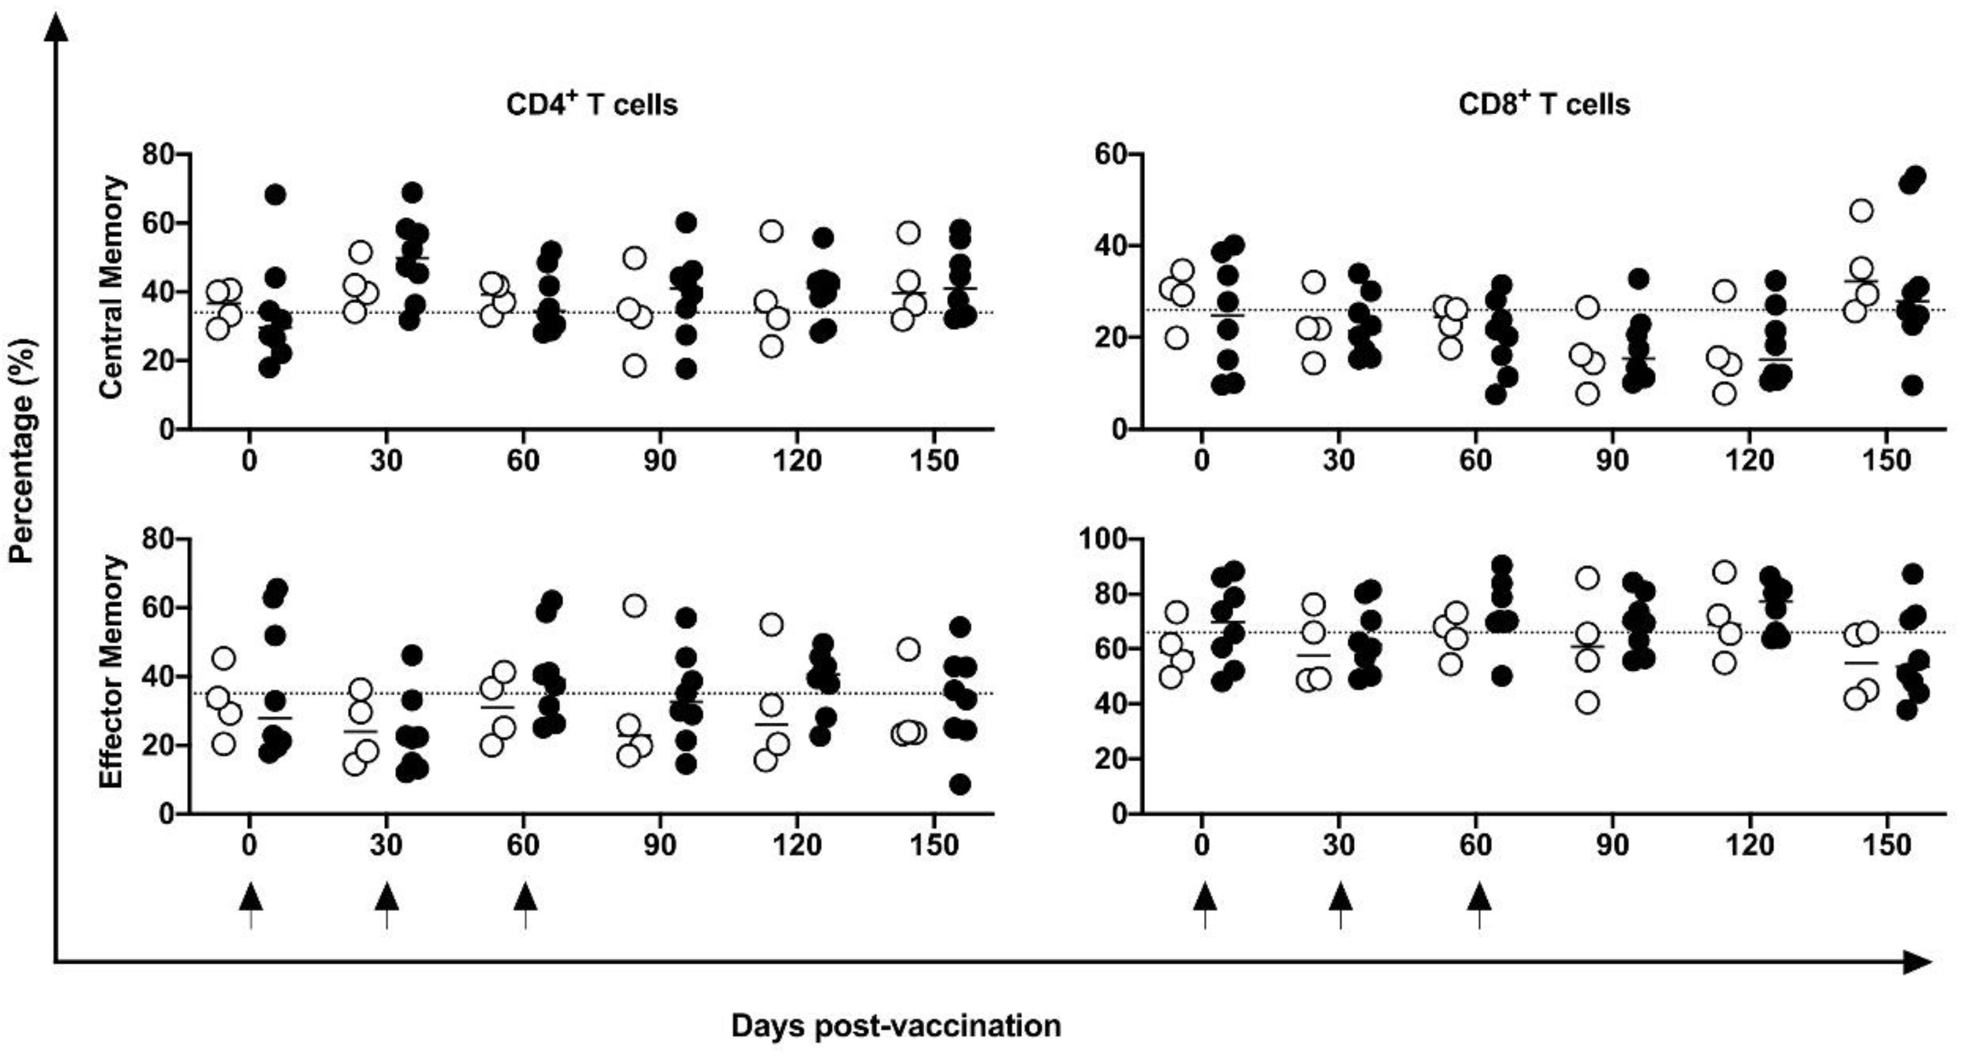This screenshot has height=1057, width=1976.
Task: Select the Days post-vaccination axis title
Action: (x=896, y=1026)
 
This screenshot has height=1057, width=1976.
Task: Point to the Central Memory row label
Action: (x=113, y=286)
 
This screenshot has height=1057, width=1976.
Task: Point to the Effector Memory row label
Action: (x=113, y=671)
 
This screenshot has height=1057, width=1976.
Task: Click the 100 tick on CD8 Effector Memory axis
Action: (x=1101, y=539)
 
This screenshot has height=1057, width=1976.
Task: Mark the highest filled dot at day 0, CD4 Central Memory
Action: (x=276, y=195)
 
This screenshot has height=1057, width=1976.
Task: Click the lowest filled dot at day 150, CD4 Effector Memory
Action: (x=960, y=784)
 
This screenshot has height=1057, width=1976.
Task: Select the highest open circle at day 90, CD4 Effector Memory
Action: (x=634, y=606)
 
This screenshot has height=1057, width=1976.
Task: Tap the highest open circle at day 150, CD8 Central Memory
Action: (x=1862, y=210)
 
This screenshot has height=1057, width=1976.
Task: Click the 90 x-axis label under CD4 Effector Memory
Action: (x=660, y=845)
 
